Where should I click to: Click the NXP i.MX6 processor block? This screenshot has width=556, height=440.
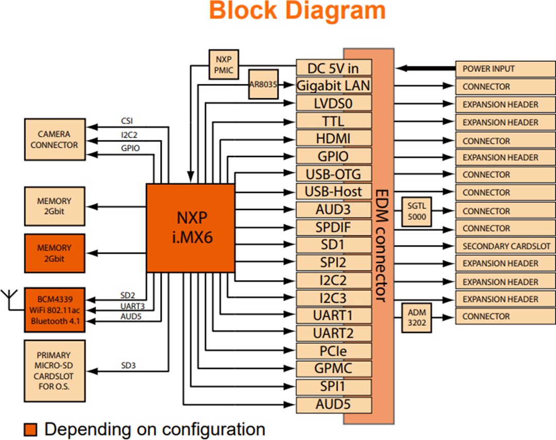191,228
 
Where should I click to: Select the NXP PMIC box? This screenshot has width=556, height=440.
224,64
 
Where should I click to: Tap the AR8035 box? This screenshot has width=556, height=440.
264,84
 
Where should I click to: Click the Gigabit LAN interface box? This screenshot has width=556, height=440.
334,85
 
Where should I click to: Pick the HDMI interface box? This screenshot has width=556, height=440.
334,138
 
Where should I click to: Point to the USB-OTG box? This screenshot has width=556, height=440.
334,174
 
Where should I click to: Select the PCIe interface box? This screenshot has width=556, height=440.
334,351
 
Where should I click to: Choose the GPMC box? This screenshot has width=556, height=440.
334,368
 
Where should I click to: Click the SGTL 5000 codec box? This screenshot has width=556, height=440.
416,212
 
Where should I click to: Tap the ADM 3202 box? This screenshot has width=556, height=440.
416,317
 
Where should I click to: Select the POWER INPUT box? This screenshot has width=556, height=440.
505,68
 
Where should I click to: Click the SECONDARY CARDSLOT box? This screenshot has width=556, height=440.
505,246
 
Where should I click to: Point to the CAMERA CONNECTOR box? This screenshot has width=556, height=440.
54,139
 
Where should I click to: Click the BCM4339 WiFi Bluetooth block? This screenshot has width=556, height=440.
55,310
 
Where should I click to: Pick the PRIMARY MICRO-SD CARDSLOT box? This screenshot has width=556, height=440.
54,371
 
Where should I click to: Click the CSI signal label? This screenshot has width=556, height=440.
126,121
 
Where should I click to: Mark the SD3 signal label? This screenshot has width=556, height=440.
129,366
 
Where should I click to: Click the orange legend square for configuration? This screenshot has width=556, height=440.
31,429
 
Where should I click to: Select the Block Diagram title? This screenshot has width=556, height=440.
298,11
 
